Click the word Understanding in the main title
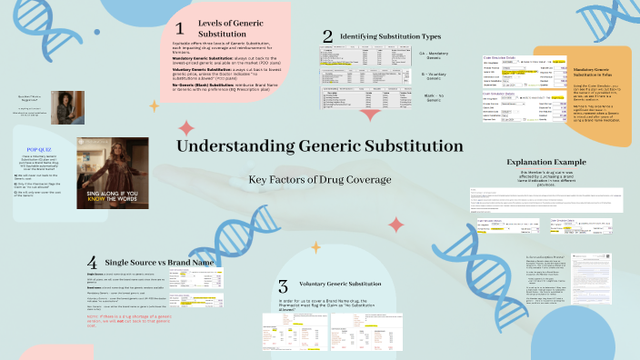228,146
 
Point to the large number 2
327,36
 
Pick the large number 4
93,264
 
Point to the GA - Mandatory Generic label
435,55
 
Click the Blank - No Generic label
433,97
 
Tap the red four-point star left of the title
186,128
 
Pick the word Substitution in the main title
405,146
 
